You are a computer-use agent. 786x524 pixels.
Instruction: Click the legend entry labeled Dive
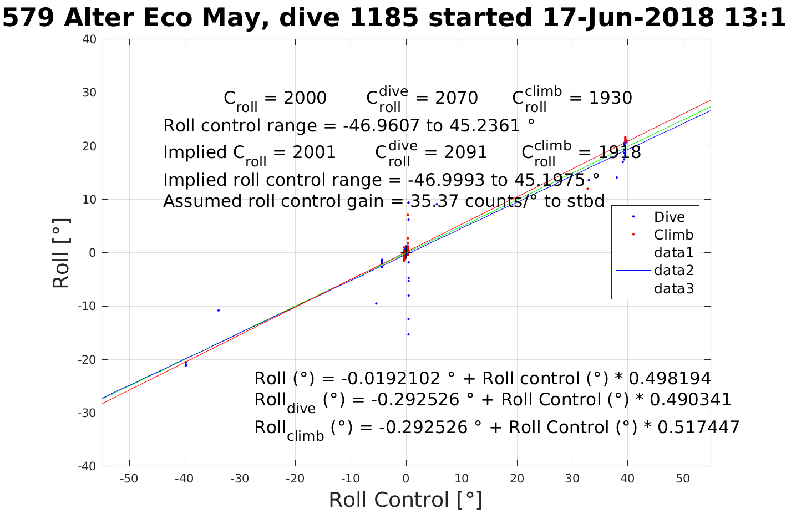669,217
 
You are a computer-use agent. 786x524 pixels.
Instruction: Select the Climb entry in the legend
673,235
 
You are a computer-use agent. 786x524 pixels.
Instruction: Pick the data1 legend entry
673,253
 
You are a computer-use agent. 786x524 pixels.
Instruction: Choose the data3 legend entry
673,288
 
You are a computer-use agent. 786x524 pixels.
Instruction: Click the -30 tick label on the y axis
87,413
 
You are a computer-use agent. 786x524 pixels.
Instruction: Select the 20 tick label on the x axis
517,479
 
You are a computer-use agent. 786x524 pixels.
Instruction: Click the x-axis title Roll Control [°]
405,500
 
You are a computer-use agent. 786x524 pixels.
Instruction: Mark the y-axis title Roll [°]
62,253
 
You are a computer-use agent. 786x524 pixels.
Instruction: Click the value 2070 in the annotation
447,98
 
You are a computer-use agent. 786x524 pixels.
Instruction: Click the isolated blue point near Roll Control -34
219,311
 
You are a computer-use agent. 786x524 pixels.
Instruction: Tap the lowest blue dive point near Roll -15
408,334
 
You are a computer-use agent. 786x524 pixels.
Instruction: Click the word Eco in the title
170,18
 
